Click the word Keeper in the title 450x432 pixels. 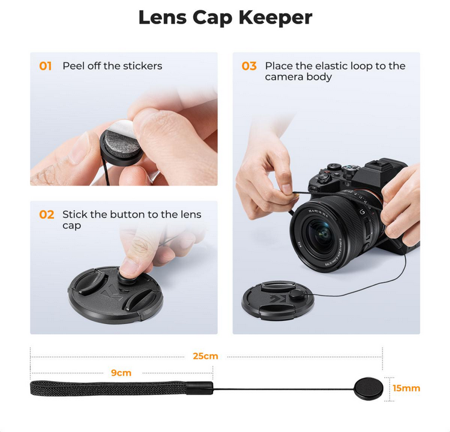click(x=275, y=18)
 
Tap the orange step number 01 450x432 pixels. click(x=45, y=66)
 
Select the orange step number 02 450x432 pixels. click(x=47, y=214)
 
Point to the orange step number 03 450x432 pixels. click(x=249, y=66)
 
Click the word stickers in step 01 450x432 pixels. click(x=143, y=66)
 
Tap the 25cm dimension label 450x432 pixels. click(x=205, y=356)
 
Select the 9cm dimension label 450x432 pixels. click(x=121, y=373)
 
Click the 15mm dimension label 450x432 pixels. click(x=407, y=388)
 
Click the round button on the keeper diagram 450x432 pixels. click(x=369, y=388)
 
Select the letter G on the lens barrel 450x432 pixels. click(x=362, y=212)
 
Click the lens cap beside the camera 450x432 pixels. click(x=278, y=300)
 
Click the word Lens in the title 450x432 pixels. click(x=162, y=18)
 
